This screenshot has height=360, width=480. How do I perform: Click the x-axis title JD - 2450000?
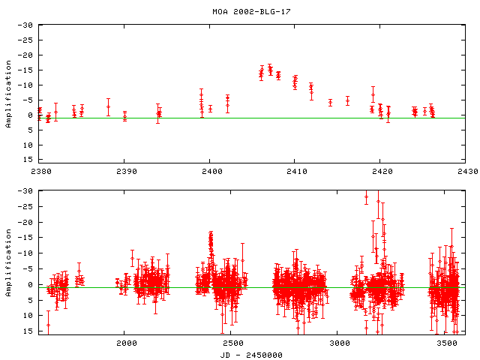click(253, 354)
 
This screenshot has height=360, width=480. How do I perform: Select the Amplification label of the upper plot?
click(8, 92)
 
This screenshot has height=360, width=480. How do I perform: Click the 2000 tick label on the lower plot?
click(125, 343)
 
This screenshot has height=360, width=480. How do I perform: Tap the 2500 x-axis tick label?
click(232, 343)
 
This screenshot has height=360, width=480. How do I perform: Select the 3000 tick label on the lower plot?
click(338, 343)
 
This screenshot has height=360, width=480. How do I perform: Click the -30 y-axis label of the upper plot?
click(26, 25)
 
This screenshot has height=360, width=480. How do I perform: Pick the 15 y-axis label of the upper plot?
click(28, 159)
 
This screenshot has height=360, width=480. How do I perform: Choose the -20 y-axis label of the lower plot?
click(26, 222)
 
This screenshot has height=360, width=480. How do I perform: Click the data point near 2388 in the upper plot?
click(108, 106)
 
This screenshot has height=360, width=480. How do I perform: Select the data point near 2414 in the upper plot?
click(330, 102)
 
